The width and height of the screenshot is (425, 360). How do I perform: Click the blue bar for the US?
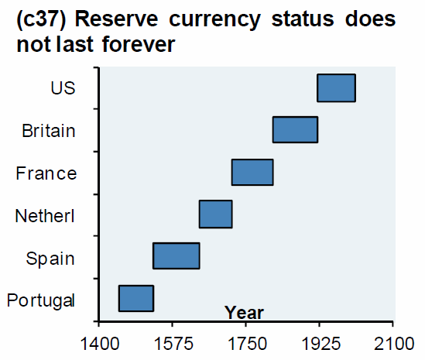[336, 88]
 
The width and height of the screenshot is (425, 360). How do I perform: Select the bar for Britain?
[295, 130]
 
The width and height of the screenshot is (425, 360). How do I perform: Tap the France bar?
[252, 172]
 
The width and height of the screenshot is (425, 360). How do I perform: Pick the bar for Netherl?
[215, 214]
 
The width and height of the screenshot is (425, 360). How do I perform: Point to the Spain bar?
[177, 255]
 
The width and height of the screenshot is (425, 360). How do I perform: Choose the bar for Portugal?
[135, 298]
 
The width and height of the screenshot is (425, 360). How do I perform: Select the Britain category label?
[49, 130]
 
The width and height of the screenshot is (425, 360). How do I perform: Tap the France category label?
[46, 173]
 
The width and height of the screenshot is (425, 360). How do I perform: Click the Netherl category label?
[46, 215]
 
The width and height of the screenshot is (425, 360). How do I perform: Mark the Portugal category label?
[40, 300]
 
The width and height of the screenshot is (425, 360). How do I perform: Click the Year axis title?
[244, 313]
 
